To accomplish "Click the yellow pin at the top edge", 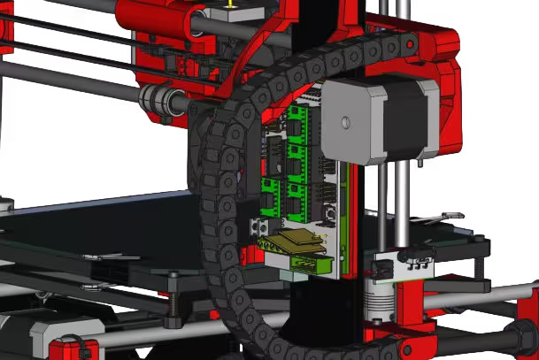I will (232, 4).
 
